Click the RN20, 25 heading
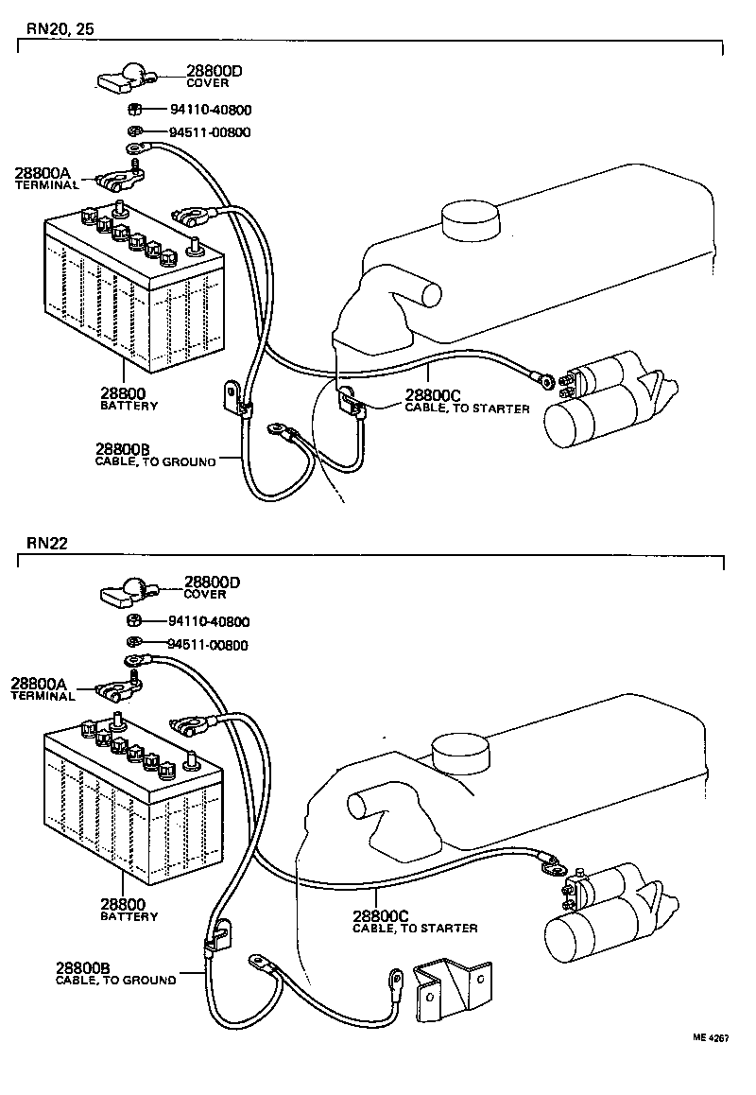[60, 27]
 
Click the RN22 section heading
[46, 543]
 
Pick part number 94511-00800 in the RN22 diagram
[207, 645]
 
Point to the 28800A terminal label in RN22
[42, 687]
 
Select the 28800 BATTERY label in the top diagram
[128, 398]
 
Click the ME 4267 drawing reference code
[710, 1064]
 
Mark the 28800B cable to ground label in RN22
[113, 973]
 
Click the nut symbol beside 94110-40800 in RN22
[134, 621]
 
